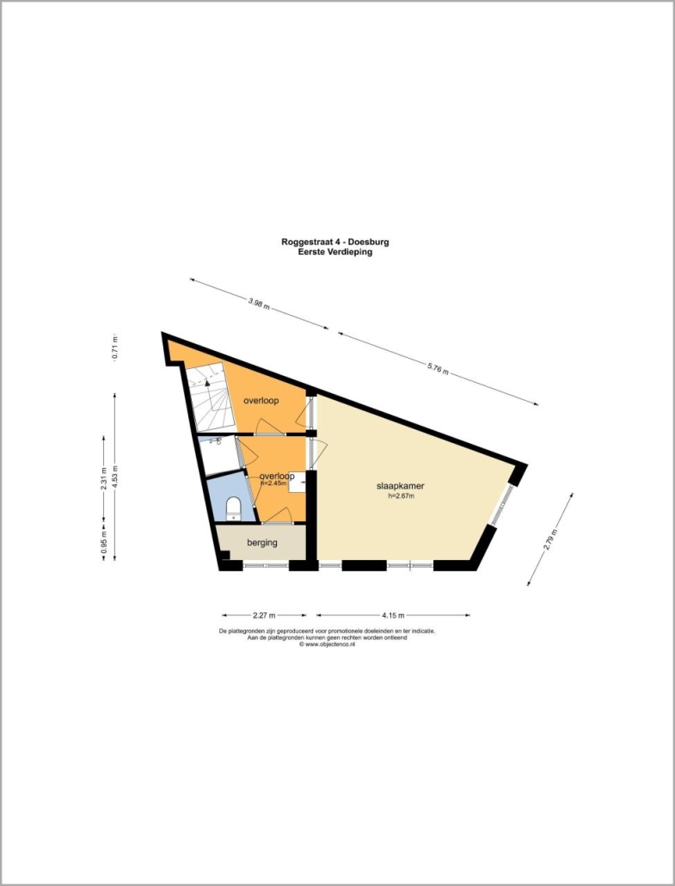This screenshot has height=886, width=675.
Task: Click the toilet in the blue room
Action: pos(233,508)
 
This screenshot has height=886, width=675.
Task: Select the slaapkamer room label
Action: pos(401,486)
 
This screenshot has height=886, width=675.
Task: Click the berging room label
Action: pos(262,543)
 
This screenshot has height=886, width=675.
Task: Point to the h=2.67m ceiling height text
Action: pos(401,496)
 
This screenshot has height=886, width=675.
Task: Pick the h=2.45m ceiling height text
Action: pos(273,483)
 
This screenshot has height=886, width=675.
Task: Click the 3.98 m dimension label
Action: pos(259,304)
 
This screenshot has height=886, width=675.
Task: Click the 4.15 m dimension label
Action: pos(393,615)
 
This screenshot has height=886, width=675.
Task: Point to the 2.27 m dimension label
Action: pos(264,615)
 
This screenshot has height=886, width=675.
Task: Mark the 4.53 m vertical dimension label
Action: pos(114,477)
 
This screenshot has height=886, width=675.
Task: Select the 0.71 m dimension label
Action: pos(114,348)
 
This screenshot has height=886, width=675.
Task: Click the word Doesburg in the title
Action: pos(370,242)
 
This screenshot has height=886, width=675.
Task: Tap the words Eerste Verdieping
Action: pos(335,252)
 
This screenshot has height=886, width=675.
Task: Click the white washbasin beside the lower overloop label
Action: pos(298,483)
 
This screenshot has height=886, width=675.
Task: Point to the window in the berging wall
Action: pos(266,564)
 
